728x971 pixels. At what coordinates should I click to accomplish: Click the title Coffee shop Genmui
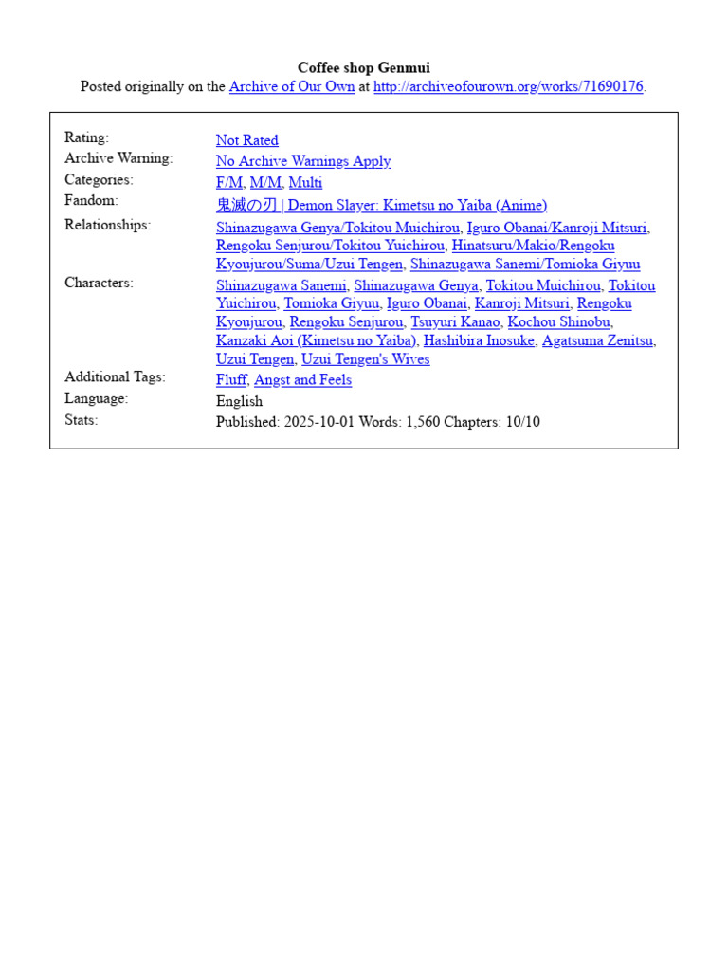click(x=364, y=67)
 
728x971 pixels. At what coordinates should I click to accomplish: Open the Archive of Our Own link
click(x=292, y=86)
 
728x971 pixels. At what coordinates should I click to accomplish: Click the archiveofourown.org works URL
click(x=508, y=86)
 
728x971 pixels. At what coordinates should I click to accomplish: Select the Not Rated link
click(x=246, y=140)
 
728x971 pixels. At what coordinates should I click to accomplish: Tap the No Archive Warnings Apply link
click(x=302, y=161)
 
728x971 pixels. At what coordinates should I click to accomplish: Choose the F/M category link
click(x=229, y=183)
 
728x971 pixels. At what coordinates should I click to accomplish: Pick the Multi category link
click(x=305, y=183)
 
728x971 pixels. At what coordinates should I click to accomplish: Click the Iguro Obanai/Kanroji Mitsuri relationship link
click(x=557, y=228)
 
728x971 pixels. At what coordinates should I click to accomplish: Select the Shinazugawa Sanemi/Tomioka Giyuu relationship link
click(x=524, y=265)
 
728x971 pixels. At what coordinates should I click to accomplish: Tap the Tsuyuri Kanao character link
click(x=454, y=322)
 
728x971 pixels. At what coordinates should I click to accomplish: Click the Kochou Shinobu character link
click(x=559, y=322)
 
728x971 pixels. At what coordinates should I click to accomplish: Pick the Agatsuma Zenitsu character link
click(x=597, y=340)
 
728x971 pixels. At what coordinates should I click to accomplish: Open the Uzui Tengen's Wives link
click(x=365, y=359)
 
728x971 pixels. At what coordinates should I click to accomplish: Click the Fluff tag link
click(x=231, y=380)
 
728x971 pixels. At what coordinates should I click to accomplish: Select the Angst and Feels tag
click(x=302, y=380)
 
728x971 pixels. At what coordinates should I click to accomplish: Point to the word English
click(x=239, y=401)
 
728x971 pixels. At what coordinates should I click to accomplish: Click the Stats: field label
click(x=81, y=419)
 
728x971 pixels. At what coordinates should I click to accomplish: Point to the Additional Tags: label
click(x=115, y=376)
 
